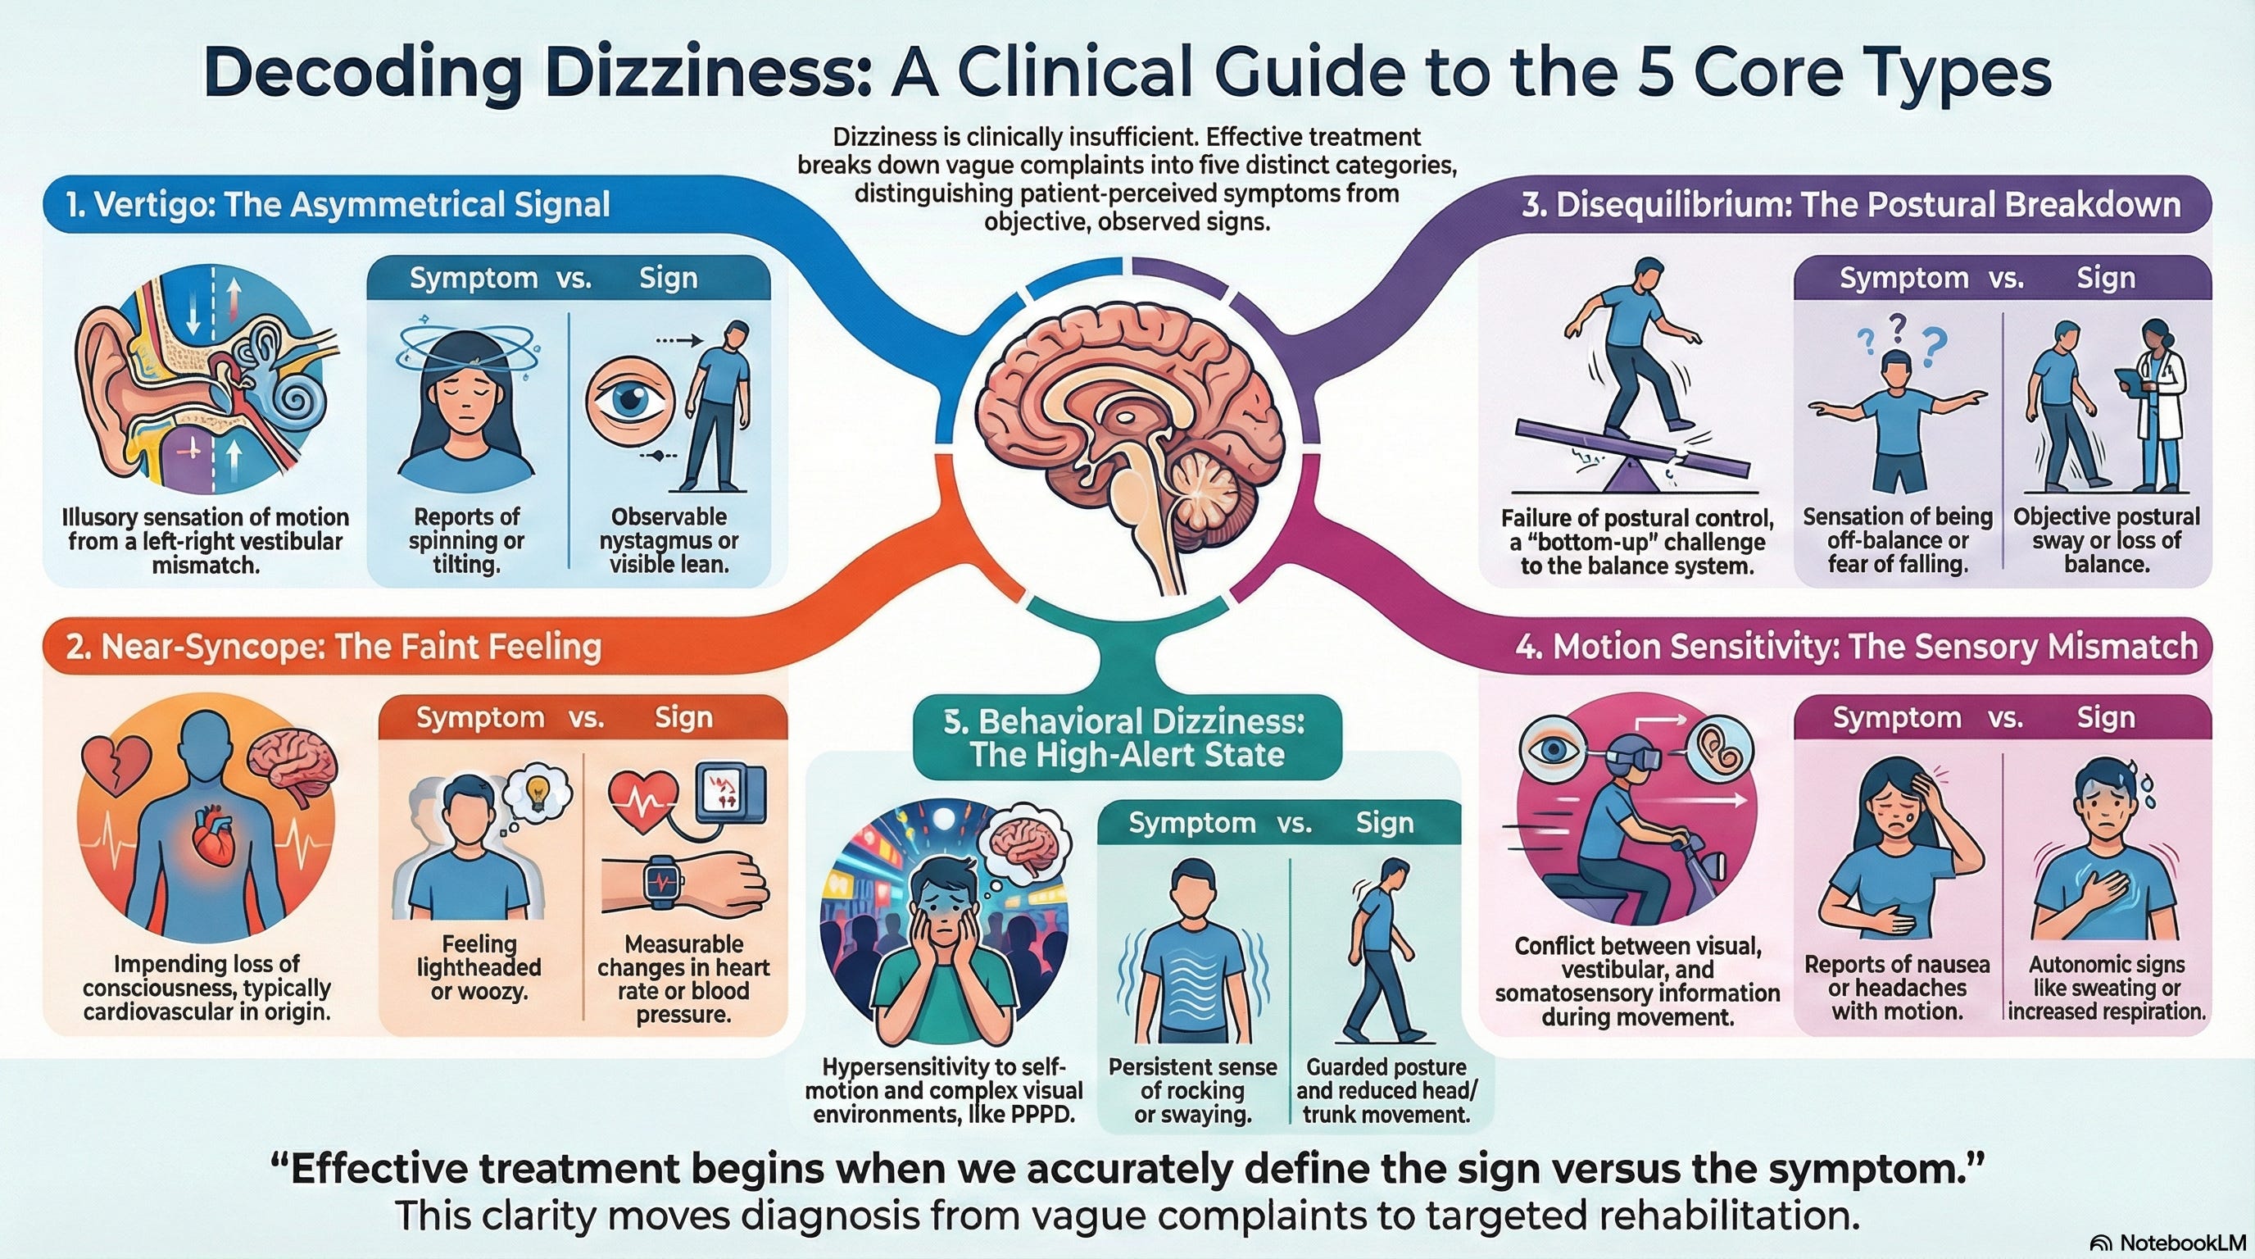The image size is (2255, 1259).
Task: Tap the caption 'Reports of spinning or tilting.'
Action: click(466, 541)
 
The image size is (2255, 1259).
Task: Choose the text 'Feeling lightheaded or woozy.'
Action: click(479, 967)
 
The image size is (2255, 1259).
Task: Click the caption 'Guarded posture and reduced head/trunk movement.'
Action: click(1385, 1091)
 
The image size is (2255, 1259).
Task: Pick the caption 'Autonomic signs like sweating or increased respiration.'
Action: click(2106, 988)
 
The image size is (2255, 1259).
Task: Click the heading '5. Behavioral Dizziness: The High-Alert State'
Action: click(1127, 737)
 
